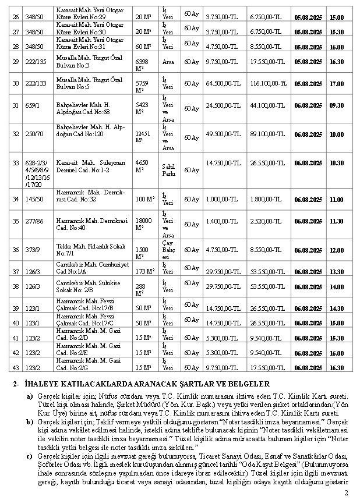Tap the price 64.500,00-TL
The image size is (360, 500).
coord(224,83)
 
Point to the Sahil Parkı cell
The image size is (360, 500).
coord(168,170)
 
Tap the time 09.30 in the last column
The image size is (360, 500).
coord(336,105)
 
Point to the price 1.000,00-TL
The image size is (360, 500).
coord(220,199)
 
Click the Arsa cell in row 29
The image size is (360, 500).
coord(168,61)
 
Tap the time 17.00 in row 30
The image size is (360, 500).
coord(336,83)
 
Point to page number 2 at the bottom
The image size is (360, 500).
coord(346,493)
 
